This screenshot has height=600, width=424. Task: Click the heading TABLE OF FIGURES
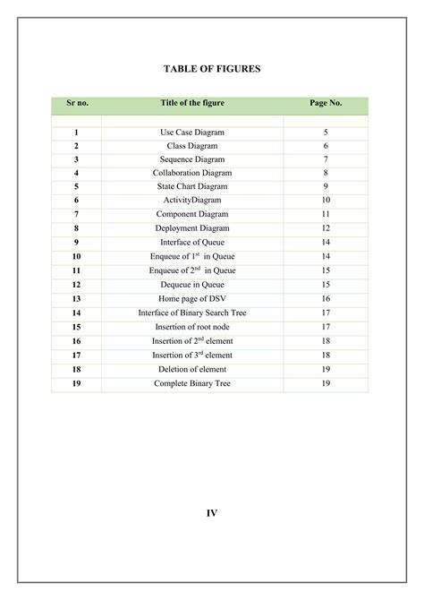pos(212,68)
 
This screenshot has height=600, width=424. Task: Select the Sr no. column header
pos(77,103)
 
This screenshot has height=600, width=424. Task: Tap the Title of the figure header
pos(192,103)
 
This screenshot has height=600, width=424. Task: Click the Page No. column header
pos(326,103)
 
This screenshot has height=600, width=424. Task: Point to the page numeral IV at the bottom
pos(212,513)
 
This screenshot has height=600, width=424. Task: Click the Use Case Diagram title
pos(192,132)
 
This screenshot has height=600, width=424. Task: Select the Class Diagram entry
pos(192,145)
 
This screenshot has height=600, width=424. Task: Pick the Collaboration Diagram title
pos(192,173)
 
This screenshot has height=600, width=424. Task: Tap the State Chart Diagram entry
pos(192,186)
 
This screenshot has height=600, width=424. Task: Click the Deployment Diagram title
pos(192,228)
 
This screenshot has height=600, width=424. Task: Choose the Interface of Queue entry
pos(192,242)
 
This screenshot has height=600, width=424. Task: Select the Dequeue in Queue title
pos(192,284)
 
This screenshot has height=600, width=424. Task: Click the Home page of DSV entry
pos(192,298)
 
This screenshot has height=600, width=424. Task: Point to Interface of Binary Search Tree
pos(192,313)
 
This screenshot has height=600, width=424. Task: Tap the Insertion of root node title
pos(192,327)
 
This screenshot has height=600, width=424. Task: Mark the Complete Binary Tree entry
pos(192,383)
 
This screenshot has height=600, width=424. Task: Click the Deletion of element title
pos(192,369)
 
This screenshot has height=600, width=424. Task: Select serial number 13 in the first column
pos(77,298)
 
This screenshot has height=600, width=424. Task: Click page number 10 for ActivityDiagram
pos(326,201)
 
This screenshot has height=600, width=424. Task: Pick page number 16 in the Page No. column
pos(326,298)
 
